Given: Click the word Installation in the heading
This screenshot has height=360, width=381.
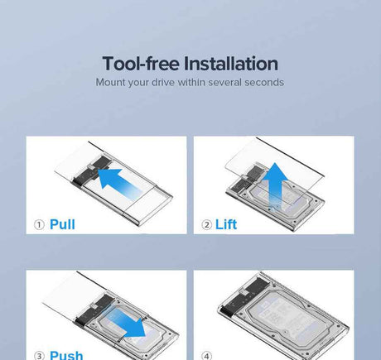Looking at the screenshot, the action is point(231,64).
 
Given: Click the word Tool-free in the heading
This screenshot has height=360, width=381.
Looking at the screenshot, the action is point(141,64).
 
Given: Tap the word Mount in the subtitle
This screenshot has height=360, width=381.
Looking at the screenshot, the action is point(110,82).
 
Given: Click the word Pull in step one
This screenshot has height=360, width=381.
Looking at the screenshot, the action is point(62,224).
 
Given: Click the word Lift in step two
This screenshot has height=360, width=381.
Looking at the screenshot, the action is point(226,224).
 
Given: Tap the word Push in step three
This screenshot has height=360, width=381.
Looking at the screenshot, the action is point(66,355).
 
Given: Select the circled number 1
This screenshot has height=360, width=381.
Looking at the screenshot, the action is point(39,225).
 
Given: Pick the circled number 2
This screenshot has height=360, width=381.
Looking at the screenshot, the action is point(206,225).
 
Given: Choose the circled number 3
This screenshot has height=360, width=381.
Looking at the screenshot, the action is point(39,356).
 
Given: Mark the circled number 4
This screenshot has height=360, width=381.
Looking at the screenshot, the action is point(206,356).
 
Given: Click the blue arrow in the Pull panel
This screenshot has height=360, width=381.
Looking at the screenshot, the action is point(119,181).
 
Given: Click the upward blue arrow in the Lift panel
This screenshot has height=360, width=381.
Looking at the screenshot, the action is point(275,185).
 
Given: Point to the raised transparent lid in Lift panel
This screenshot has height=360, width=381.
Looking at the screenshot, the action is point(274,168).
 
